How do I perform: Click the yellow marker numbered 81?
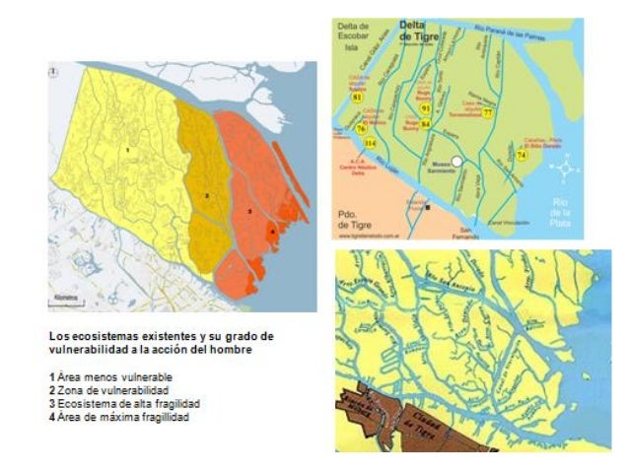(357, 98)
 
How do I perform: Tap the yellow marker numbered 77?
(488, 113)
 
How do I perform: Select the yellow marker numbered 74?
(522, 155)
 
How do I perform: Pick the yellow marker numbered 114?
(369, 144)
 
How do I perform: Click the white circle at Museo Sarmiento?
(429, 161)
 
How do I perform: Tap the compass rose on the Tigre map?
(566, 169)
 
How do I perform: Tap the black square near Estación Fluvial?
(427, 208)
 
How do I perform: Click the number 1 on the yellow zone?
(127, 149)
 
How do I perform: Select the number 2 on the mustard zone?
(206, 195)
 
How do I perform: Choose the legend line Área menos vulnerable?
(115, 377)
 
